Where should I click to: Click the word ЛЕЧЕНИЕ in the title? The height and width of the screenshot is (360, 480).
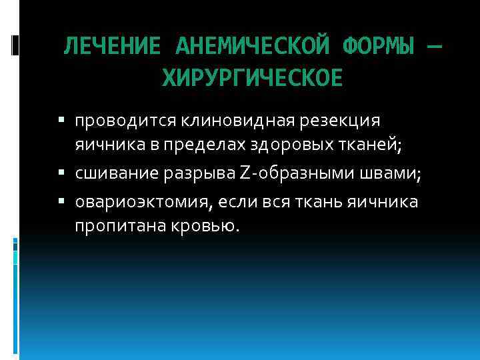112,47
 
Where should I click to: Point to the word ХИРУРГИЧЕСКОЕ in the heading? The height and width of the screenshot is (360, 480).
253,79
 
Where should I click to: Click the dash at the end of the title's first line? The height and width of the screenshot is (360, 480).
433,47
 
